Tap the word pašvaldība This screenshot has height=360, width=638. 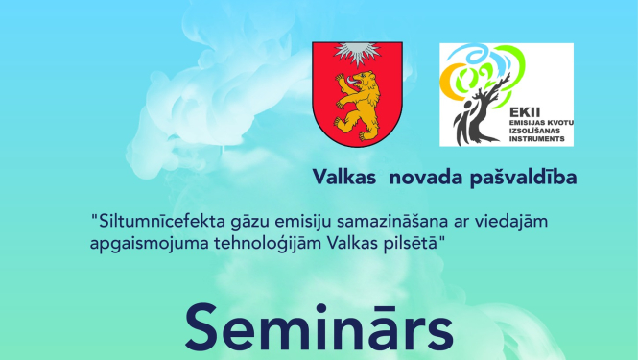pyautogui.click(x=520, y=179)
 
